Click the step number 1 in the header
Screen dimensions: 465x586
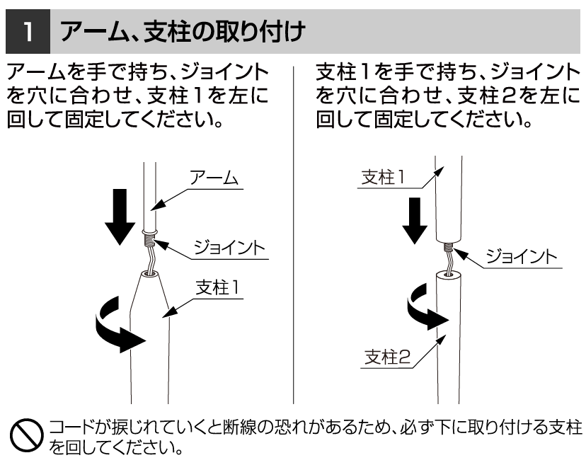point(25,32)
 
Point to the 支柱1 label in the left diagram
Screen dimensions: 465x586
point(220,287)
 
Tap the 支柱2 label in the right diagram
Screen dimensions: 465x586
point(387,357)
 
